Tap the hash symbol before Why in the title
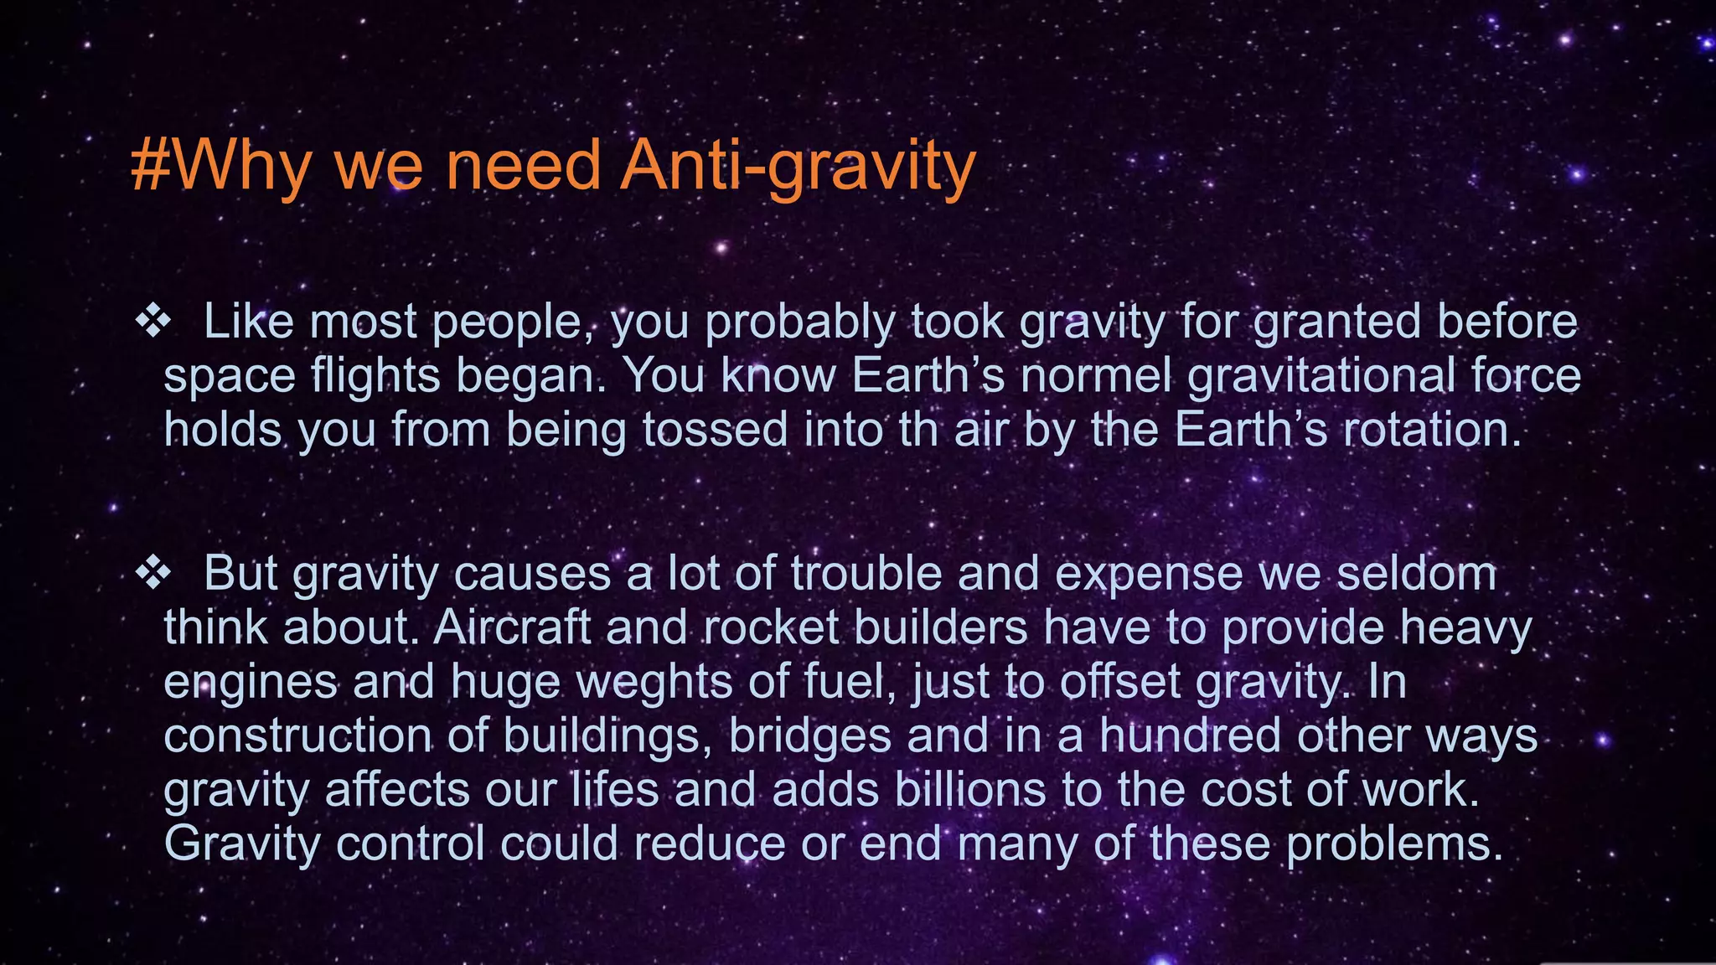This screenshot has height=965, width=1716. (151, 166)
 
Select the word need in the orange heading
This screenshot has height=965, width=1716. (523, 166)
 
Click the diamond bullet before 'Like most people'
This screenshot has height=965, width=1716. (153, 322)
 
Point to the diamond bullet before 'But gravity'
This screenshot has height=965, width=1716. (153, 574)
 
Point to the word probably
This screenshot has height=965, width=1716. (799, 323)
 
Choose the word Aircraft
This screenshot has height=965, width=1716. (512, 627)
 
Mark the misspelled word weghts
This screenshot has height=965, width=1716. (654, 682)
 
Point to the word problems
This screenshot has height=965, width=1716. (1394, 844)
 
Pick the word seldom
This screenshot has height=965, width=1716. (1416, 574)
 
